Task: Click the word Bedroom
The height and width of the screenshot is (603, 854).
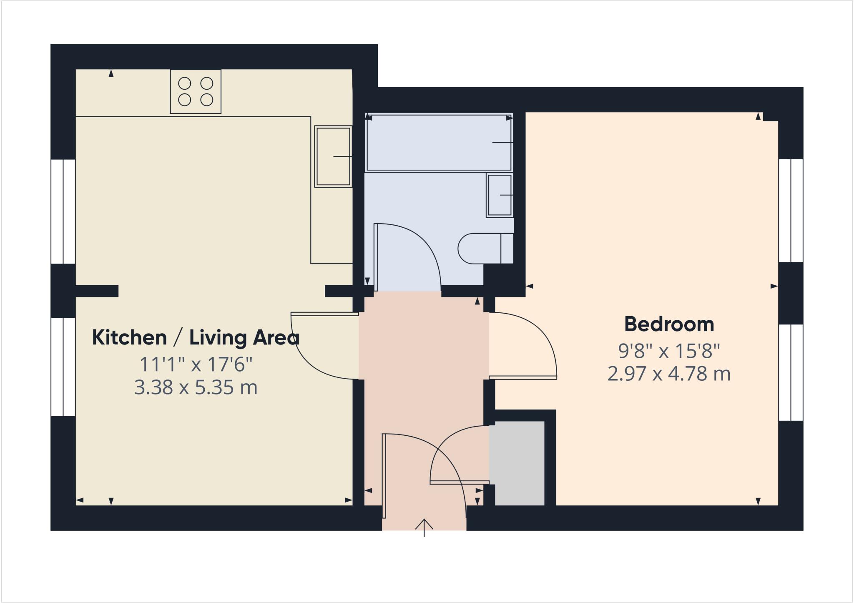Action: coord(669,324)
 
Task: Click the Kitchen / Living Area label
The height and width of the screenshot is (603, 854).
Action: coord(195,337)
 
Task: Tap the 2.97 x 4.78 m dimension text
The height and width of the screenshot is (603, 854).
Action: coord(669,374)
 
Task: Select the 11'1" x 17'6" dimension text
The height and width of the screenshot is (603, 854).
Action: coord(196,364)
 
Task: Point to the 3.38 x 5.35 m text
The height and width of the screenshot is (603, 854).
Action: coord(196,388)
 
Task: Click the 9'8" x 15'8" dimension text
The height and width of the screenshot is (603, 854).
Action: coord(669,351)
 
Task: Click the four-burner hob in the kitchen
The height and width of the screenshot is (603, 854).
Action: coord(196,91)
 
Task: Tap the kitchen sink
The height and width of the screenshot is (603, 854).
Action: coord(333,156)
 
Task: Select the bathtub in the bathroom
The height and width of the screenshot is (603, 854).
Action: coord(439,142)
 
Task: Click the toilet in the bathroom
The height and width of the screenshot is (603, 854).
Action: coord(484,249)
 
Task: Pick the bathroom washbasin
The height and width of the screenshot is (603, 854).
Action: coord(500,195)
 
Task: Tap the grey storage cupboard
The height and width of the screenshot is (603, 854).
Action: coord(519,463)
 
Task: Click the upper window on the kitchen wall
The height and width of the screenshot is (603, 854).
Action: coord(63,211)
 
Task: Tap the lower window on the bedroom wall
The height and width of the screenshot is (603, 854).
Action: coord(791,372)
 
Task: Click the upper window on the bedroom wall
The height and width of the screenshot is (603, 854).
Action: coord(791,211)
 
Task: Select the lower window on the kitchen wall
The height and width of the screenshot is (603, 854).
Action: coord(63,367)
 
